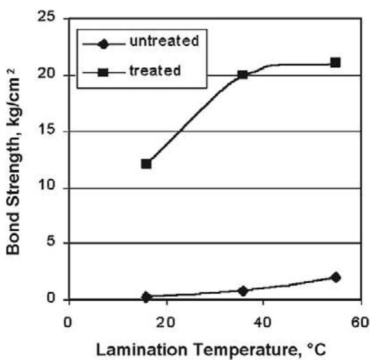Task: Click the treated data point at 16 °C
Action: pyautogui.click(x=146, y=164)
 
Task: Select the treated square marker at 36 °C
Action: pyautogui.click(x=243, y=75)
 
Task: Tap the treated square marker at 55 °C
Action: pyautogui.click(x=335, y=62)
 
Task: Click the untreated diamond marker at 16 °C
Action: pyautogui.click(x=146, y=297)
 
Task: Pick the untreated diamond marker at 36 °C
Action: pyautogui.click(x=243, y=291)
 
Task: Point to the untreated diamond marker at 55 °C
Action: pyautogui.click(x=335, y=277)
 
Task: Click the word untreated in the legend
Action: pyautogui.click(x=164, y=41)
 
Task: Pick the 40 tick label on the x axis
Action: pyautogui.click(x=264, y=323)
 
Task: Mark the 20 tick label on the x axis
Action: pyautogui.click(x=167, y=323)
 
